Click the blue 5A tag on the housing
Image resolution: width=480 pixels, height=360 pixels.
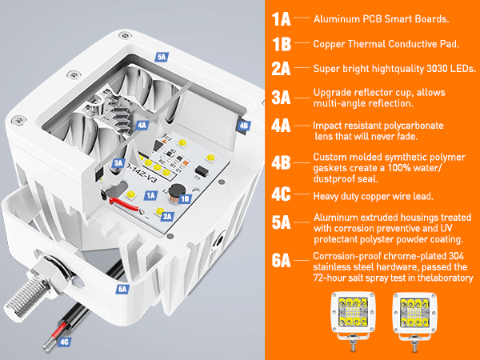pyautogui.click(x=162, y=57)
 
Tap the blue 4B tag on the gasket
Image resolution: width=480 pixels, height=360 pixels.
pyautogui.click(x=244, y=126)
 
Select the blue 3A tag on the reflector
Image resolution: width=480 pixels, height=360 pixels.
pyautogui.click(x=118, y=163)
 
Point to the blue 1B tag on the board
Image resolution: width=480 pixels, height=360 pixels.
pyautogui.click(x=185, y=199)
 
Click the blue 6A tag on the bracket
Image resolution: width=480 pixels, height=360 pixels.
pyautogui.click(x=122, y=290)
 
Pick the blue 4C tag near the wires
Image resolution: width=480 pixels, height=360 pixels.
pyautogui.click(x=64, y=342)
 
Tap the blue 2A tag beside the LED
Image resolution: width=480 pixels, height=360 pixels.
pyautogui.click(x=167, y=217)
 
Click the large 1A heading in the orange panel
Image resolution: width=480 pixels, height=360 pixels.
pyautogui.click(x=281, y=19)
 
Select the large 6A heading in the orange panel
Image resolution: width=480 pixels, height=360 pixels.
pyautogui.click(x=281, y=261)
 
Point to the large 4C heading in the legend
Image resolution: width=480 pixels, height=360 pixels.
pyautogui.click(x=281, y=194)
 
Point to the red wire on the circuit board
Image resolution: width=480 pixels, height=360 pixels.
pyautogui.click(x=126, y=204)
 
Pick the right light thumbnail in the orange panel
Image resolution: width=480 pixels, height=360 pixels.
pyautogui.click(x=414, y=321)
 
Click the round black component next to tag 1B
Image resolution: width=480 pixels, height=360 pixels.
pyautogui.click(x=175, y=192)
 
